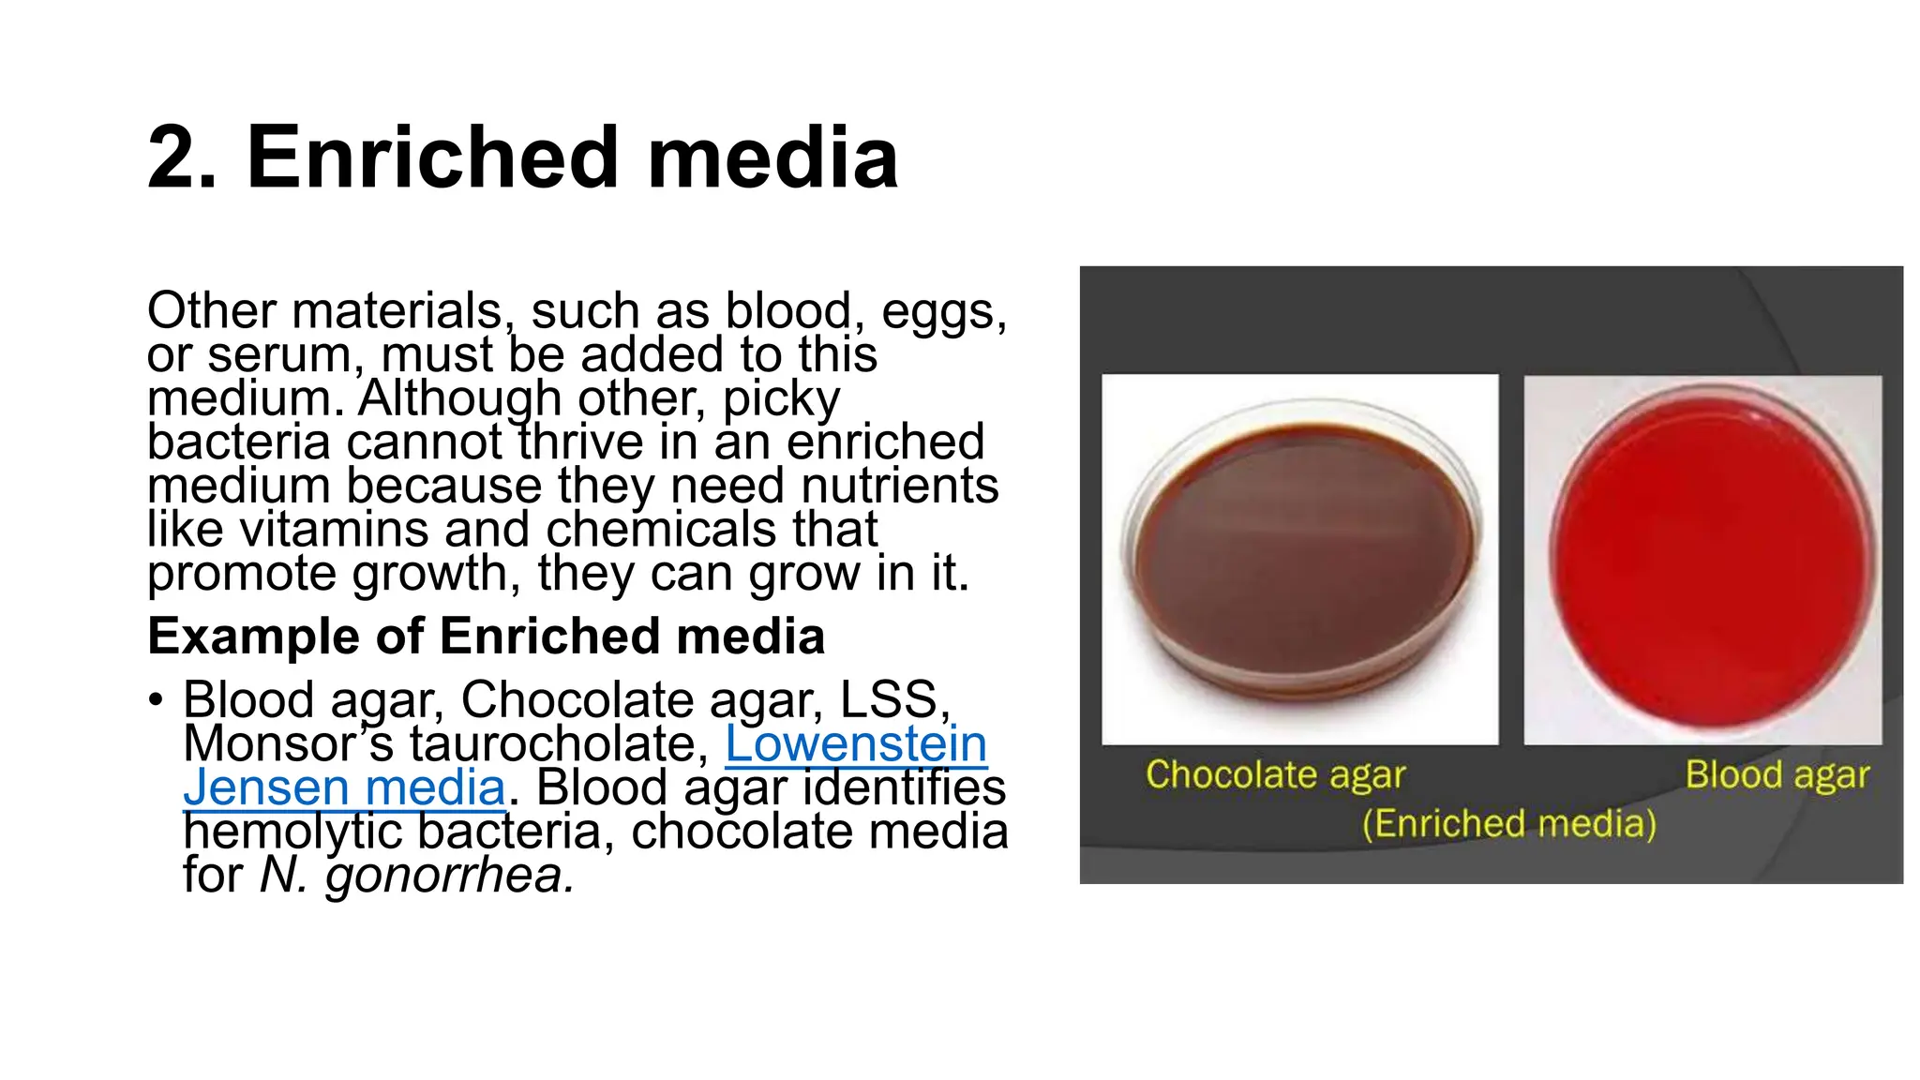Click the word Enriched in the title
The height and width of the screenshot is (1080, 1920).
click(432, 157)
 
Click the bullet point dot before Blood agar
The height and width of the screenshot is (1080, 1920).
click(156, 699)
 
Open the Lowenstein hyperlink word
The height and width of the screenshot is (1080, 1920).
click(856, 743)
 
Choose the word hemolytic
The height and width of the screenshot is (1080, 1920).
click(292, 832)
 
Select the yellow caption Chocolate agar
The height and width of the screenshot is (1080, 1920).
click(1275, 775)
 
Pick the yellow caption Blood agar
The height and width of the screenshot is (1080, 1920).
click(1777, 775)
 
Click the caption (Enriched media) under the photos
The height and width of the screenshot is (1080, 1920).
click(1508, 824)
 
